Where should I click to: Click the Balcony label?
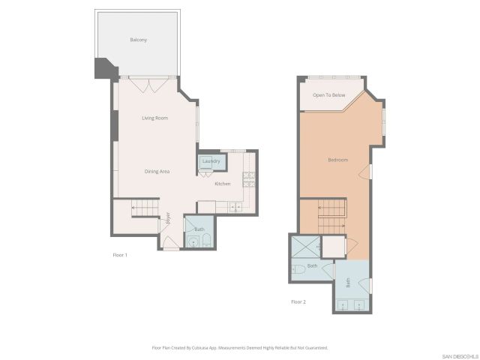click(x=138, y=40)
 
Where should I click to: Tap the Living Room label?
click(x=154, y=118)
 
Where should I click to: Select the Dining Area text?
click(x=157, y=172)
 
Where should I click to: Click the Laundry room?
click(x=210, y=161)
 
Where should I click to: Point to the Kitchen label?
click(x=223, y=184)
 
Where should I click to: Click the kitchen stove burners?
click(x=248, y=180)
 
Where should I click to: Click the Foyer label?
click(x=168, y=219)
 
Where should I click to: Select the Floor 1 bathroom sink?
click(x=207, y=241)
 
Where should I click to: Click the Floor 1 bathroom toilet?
click(x=193, y=241)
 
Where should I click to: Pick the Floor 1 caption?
click(x=120, y=256)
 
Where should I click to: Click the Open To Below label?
click(x=328, y=95)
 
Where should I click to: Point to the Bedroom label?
click(x=337, y=160)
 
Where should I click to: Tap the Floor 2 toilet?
click(x=298, y=268)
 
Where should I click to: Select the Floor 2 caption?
click(x=298, y=301)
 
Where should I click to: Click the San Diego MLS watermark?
click(x=459, y=355)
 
